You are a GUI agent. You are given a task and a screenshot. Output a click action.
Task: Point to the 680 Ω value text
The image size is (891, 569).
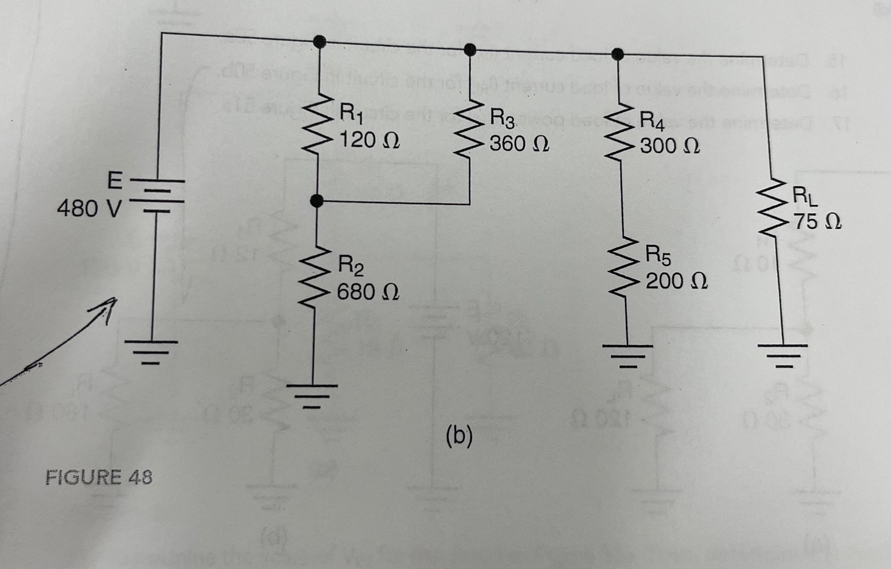[367, 292]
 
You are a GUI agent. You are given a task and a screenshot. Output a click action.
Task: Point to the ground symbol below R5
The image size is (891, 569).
[629, 353]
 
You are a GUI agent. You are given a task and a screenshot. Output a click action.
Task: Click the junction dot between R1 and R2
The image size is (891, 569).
[318, 201]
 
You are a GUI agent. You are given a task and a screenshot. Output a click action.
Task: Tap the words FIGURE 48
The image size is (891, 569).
[99, 477]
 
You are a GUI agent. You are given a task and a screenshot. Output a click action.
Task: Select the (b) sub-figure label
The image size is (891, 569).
[459, 436]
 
